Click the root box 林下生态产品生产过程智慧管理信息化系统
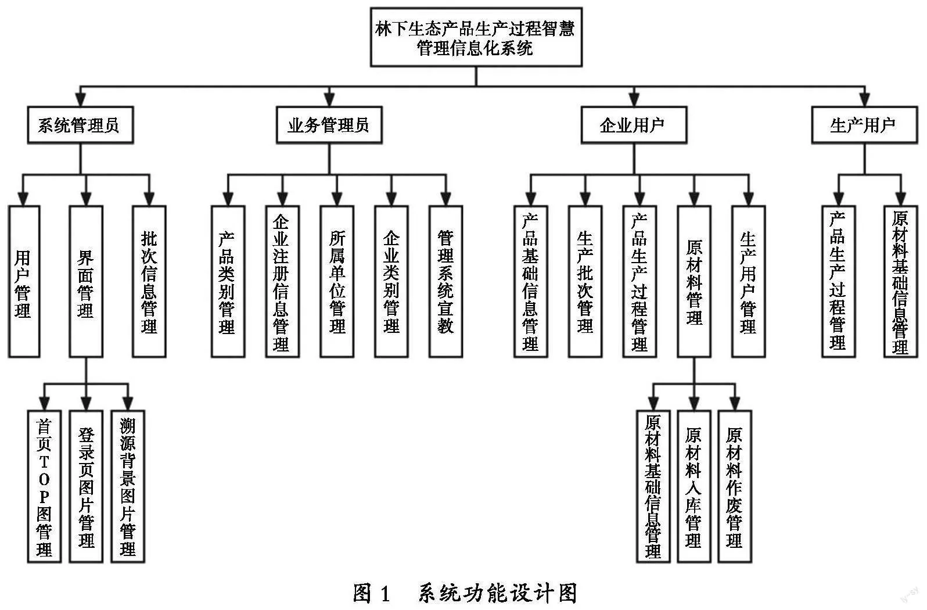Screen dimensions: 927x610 pos(476,37)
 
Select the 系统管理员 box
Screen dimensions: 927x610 pos(80,125)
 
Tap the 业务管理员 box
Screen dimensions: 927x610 pos(329,125)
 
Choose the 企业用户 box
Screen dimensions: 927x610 pos(634,125)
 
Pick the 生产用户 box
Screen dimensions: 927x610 pos(864,125)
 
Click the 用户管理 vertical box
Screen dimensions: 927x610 pos(24,281)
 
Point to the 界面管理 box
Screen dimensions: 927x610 pos(86,281)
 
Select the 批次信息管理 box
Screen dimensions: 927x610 pos(149,281)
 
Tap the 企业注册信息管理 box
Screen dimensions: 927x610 pos(282,281)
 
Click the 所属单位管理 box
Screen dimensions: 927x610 pos(337,281)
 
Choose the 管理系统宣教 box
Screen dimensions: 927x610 pos(445,281)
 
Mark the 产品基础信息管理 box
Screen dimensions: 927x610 pos(531,281)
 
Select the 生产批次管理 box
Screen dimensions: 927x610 pos(585,281)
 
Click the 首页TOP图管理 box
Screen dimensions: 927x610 pos(44,487)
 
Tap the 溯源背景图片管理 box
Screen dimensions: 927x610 pos(128,487)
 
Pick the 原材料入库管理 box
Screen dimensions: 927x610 pos(694,487)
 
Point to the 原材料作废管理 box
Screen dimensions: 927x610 pos(735,487)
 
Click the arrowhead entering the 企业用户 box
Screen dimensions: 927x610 pos(634,100)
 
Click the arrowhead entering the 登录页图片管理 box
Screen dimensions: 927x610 pos(86,404)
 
